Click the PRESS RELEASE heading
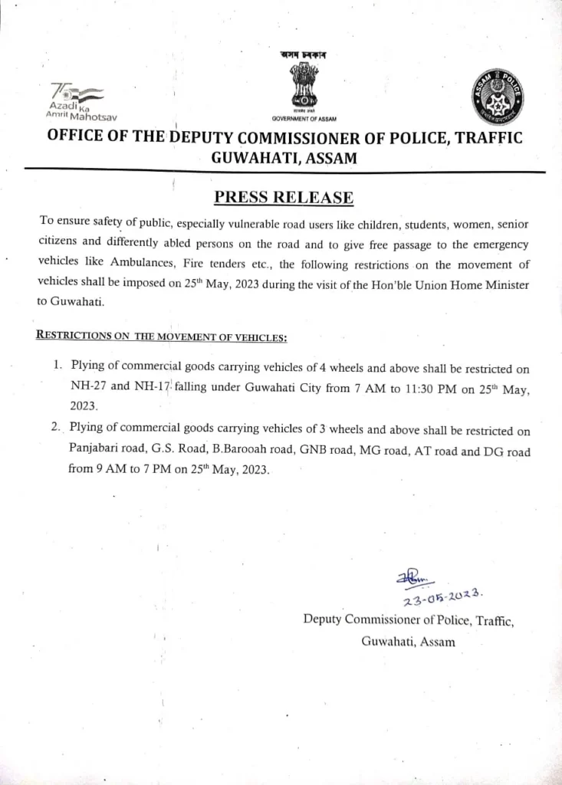[284, 198]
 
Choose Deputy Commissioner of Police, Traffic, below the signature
[408, 620]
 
